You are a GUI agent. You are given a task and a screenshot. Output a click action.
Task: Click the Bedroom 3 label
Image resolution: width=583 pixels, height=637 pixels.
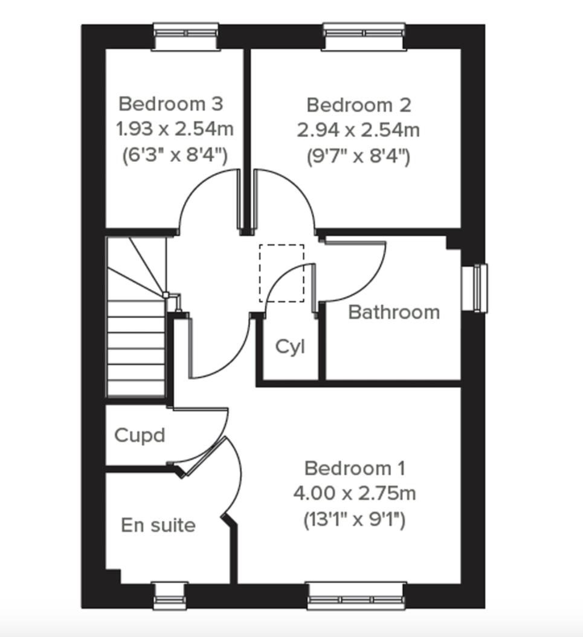tap(171, 104)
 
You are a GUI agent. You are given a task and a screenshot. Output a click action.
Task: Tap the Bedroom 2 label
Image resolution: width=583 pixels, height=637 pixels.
tap(359, 105)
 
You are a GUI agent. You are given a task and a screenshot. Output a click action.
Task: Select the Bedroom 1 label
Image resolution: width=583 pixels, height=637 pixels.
tap(355, 468)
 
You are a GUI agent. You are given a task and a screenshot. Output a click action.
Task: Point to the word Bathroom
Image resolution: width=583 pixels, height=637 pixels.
tap(394, 312)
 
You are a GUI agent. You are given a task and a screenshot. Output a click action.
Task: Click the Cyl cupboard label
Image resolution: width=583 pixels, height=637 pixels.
tap(290, 347)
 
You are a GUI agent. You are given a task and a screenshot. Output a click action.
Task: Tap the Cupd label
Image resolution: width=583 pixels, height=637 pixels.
tap(140, 435)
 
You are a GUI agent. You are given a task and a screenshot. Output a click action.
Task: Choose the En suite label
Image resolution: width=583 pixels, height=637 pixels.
tap(158, 525)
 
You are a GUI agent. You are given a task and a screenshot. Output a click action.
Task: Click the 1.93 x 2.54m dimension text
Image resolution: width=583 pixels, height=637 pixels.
tap(175, 129)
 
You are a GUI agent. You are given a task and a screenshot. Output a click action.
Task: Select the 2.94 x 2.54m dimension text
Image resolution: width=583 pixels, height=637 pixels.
tap(358, 130)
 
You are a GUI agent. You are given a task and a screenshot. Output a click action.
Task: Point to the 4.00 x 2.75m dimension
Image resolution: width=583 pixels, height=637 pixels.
tap(355, 493)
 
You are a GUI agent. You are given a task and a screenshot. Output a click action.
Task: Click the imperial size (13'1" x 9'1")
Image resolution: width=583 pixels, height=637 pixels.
tap(355, 519)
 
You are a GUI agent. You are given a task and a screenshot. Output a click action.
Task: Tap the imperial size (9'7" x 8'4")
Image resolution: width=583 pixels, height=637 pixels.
tap(358, 156)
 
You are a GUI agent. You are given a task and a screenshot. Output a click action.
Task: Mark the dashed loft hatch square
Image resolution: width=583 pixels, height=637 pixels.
tap(282, 273)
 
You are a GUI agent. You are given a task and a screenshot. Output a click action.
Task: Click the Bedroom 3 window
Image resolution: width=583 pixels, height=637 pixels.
tap(185, 37)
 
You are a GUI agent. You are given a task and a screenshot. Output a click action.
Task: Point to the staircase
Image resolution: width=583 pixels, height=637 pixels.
tap(137, 338)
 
